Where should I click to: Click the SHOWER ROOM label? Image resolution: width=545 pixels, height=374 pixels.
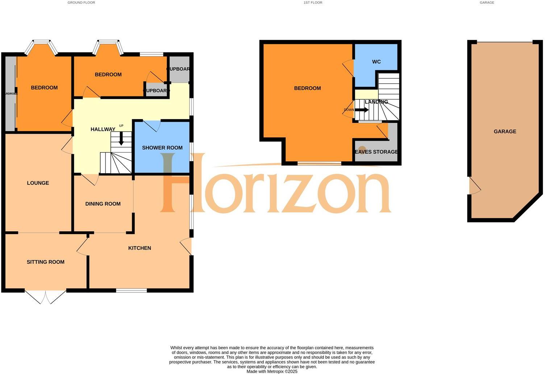click(162, 148)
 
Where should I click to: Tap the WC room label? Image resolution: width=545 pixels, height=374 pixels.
click(376, 62)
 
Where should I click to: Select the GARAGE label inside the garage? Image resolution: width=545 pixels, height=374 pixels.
click(505, 132)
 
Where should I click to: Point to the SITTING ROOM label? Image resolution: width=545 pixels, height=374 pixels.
click(46, 262)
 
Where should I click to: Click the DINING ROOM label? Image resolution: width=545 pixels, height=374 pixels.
click(103, 204)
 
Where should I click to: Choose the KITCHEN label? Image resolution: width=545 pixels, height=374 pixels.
click(140, 248)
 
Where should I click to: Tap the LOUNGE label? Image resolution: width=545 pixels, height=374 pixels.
click(38, 183)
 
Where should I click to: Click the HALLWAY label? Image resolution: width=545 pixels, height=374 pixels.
click(103, 129)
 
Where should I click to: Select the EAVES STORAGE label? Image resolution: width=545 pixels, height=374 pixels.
click(376, 152)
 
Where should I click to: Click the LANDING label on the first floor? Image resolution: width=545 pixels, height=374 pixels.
click(376, 102)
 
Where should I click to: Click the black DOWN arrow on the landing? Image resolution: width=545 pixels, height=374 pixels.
click(362, 110)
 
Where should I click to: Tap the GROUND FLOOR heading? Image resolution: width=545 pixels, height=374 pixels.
click(82, 3)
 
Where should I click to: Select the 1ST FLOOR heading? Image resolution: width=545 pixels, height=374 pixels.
click(313, 3)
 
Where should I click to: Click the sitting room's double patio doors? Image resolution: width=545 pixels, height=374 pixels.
click(46, 296)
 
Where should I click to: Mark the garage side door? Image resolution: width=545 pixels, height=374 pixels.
click(474, 186)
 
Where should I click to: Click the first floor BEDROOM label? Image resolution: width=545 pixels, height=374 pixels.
click(307, 88)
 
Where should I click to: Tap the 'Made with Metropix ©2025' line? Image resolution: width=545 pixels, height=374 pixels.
click(272, 371)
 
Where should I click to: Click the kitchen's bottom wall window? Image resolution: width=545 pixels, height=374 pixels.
click(132, 290)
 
